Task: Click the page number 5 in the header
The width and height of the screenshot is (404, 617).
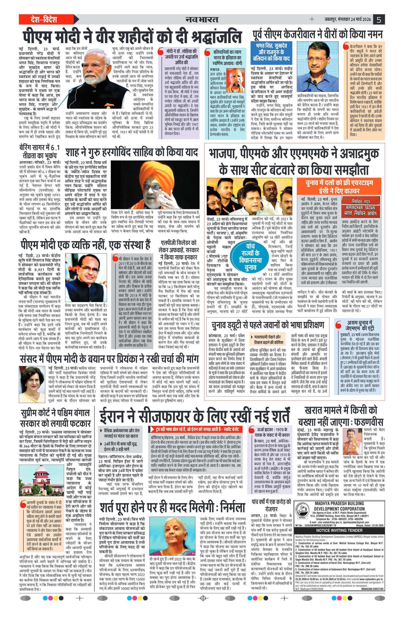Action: tap(379, 20)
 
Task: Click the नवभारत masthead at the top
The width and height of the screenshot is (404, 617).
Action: tap(202, 20)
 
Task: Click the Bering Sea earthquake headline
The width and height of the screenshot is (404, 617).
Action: tap(39, 152)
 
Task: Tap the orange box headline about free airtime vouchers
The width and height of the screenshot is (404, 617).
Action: tap(339, 187)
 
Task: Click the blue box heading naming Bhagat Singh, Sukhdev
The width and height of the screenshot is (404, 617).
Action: tap(271, 52)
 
